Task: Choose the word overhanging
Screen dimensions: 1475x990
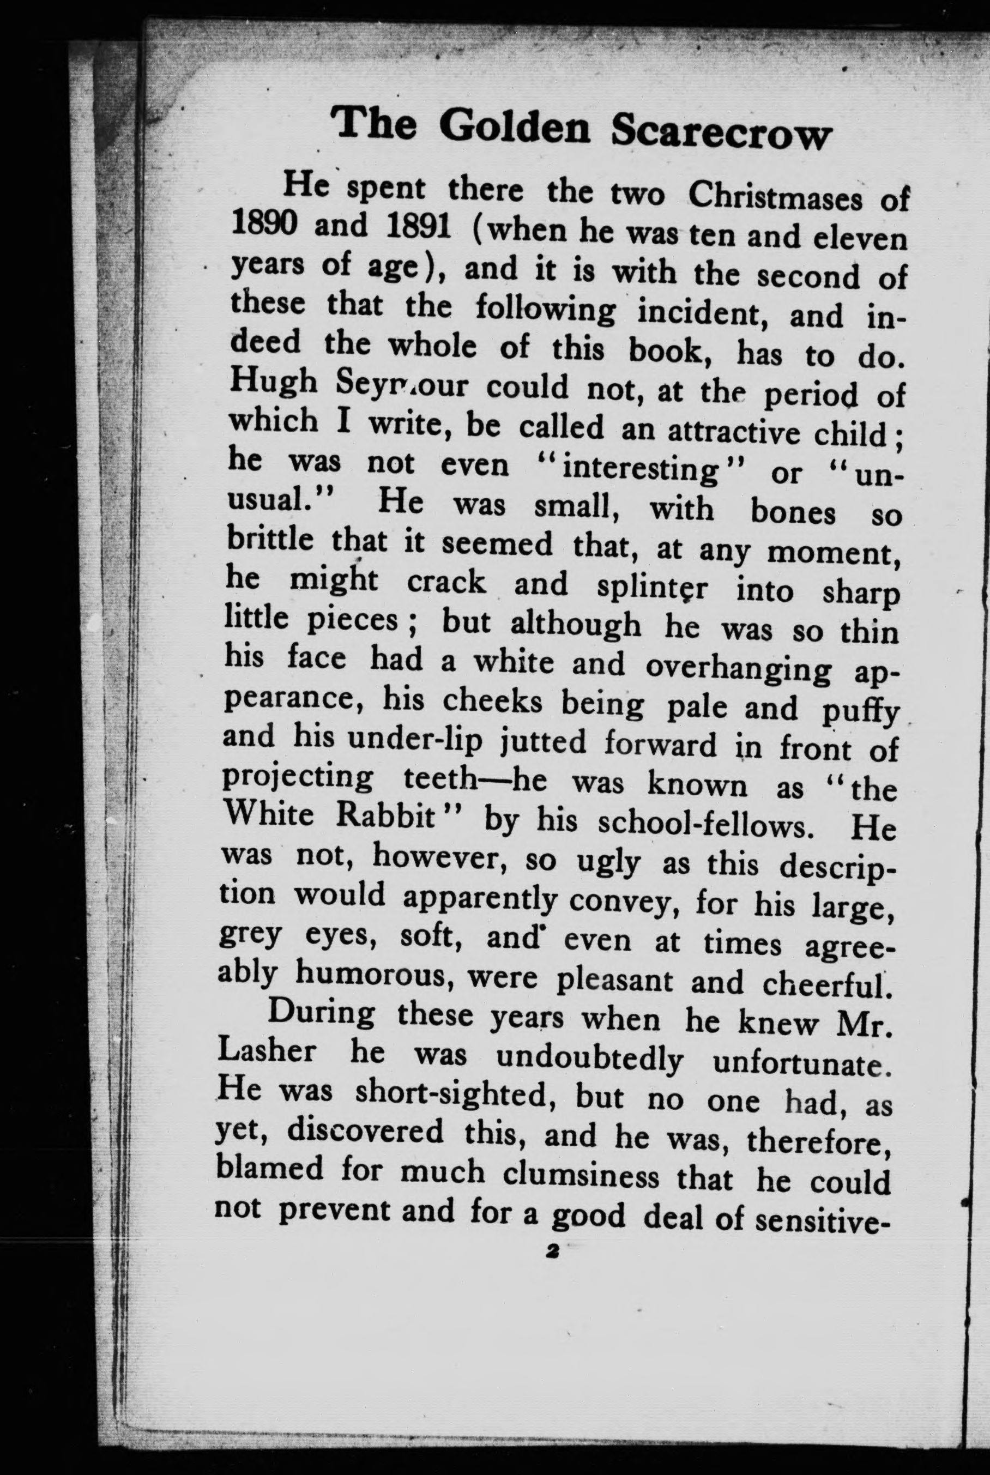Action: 738,668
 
